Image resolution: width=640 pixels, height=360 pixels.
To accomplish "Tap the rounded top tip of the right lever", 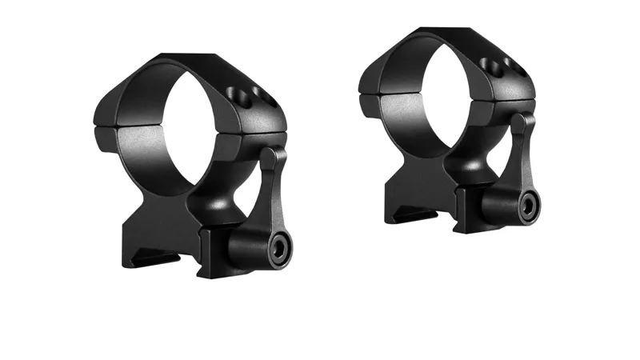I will click(x=525, y=120).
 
